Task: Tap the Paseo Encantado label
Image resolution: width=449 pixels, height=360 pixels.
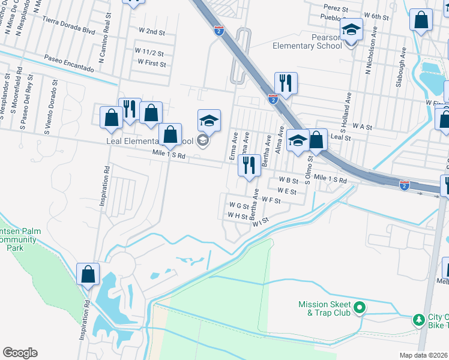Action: coord(69,64)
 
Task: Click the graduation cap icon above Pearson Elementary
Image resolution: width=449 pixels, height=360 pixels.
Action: coord(351,29)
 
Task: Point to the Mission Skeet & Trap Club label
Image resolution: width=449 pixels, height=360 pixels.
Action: coord(324,308)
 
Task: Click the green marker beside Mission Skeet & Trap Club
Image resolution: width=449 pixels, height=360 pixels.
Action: coord(360,308)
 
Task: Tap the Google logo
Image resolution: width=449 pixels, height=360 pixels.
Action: coord(20,353)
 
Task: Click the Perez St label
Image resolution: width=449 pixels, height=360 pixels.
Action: coord(336,9)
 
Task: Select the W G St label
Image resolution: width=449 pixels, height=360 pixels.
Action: coord(239,205)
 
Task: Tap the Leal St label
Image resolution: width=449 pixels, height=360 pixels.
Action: coord(340,137)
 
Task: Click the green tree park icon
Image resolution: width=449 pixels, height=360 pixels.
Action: coord(418,320)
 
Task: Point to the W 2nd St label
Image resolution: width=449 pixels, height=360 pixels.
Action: coord(151,31)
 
